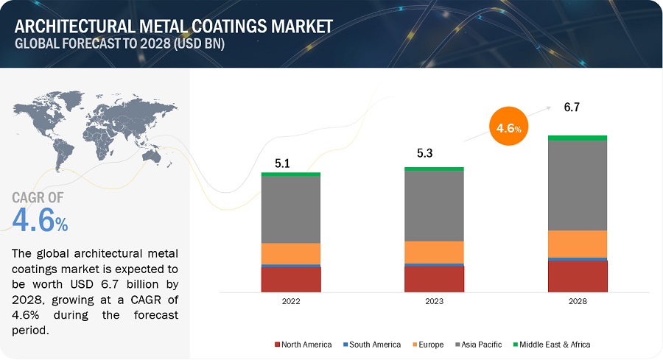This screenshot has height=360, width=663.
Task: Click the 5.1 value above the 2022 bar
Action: (282, 163)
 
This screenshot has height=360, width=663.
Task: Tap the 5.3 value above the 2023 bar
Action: (424, 153)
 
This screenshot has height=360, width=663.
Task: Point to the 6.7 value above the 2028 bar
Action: (572, 107)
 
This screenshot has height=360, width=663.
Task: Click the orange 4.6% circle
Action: (508, 126)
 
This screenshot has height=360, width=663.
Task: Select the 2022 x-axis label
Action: (291, 301)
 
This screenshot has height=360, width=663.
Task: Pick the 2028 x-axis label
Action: (578, 301)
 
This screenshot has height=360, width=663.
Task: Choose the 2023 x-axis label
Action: (434, 301)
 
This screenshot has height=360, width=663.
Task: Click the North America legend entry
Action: (303, 345)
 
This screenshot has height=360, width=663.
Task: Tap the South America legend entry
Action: (372, 345)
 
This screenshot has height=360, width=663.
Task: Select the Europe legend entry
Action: (428, 345)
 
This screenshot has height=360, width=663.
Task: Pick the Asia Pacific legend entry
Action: (478, 345)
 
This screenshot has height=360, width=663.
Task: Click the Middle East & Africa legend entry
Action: (551, 345)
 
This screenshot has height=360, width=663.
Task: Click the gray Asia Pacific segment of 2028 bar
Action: (578, 186)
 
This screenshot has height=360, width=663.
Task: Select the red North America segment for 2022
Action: (291, 279)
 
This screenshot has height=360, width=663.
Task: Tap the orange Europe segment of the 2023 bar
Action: (434, 253)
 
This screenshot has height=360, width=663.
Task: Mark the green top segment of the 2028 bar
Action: (578, 138)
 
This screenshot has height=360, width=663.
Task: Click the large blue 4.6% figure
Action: (40, 219)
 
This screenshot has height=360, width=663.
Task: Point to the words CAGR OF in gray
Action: (38, 197)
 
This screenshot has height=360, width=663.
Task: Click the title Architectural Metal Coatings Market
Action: (174, 27)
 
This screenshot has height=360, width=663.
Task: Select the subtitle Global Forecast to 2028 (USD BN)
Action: (119, 43)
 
